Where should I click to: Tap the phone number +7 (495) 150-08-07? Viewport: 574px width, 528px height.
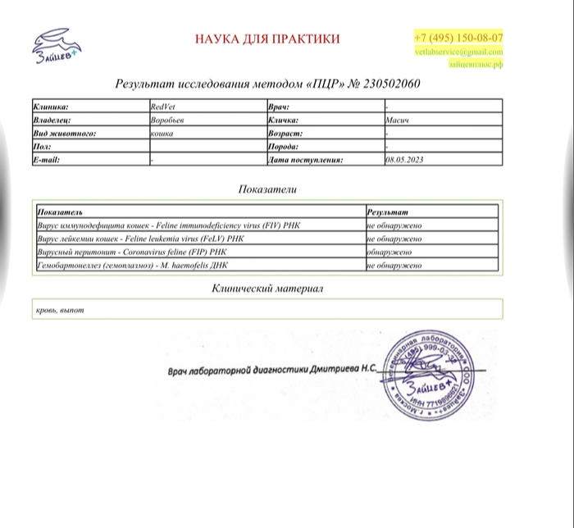[458, 37]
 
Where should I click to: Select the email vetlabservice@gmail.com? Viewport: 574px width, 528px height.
[458, 52]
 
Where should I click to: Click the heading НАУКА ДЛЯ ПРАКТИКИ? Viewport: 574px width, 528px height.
[267, 39]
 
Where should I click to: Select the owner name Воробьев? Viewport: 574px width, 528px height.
[167, 120]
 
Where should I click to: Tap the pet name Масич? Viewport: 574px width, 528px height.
[397, 120]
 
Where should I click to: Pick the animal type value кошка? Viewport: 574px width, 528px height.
[162, 133]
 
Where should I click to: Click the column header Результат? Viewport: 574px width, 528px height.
[386, 212]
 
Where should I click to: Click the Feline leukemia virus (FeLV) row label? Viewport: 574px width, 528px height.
[141, 239]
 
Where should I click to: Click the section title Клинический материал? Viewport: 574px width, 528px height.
[267, 289]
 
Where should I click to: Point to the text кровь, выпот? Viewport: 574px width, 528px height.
[60, 311]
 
